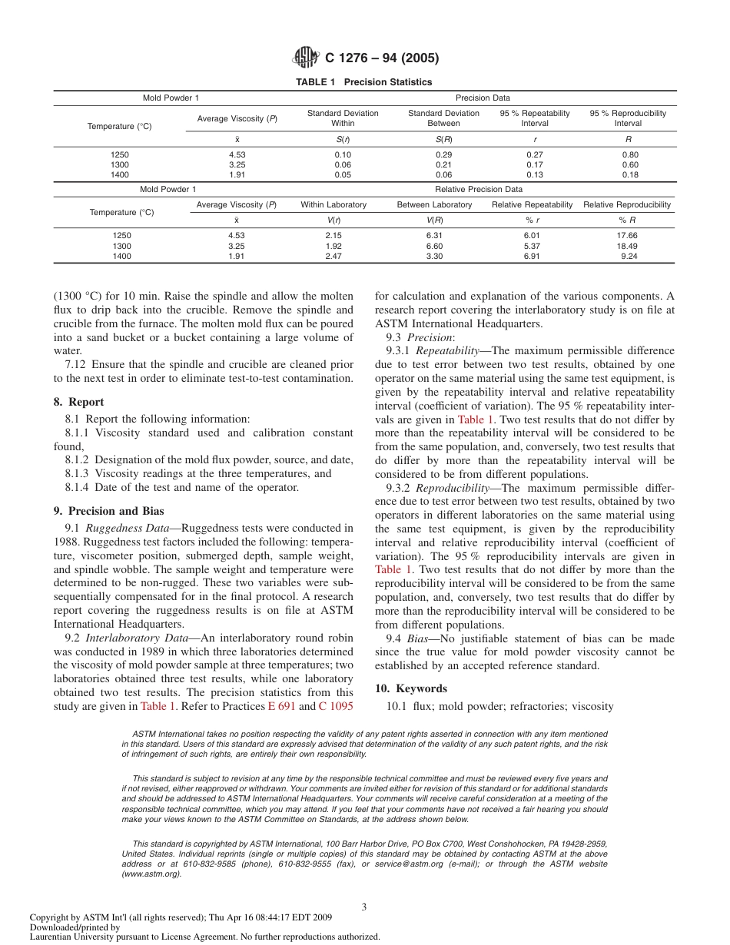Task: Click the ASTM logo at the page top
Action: pyautogui.click(x=305, y=58)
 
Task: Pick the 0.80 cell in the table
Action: pyautogui.click(x=629, y=154)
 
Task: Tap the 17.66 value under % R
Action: pyautogui.click(x=629, y=235)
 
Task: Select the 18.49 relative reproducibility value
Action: pyautogui.click(x=629, y=246)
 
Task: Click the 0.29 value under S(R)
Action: pyautogui.click(x=443, y=154)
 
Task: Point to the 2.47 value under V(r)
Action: pyautogui.click(x=333, y=257)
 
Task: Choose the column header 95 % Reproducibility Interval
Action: pyautogui.click(x=628, y=118)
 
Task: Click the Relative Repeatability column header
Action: pyautogui.click(x=532, y=205)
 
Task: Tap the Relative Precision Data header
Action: pyautogui.click(x=478, y=189)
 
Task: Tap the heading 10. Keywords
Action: pyautogui.click(x=410, y=688)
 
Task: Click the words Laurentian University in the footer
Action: pyautogui.click(x=73, y=937)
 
